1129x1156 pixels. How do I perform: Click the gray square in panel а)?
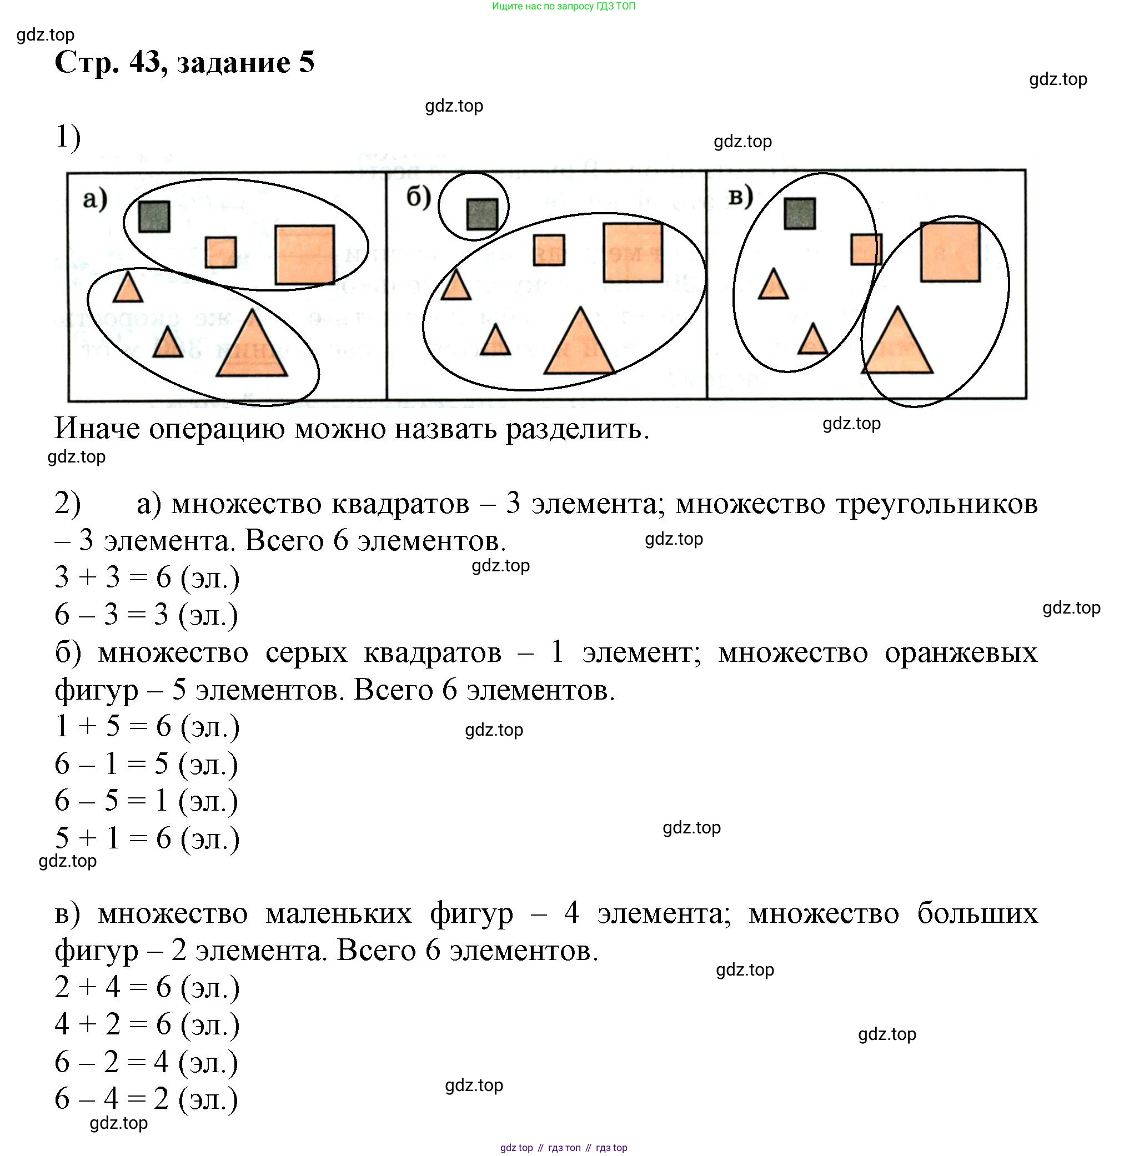[154, 217]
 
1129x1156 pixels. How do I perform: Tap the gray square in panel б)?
[482, 214]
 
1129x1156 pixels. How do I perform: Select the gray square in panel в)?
[799, 213]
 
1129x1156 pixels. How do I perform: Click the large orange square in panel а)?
[305, 254]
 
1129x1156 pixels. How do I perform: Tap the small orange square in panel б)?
[549, 249]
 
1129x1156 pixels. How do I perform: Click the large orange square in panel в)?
[950, 252]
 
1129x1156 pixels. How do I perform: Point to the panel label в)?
[741, 195]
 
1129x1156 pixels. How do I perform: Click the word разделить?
[577, 429]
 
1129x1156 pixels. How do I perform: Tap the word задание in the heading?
[234, 62]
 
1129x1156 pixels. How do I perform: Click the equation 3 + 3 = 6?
[113, 577]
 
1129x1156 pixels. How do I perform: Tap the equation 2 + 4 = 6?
[113, 988]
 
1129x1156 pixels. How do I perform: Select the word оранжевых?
[961, 653]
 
